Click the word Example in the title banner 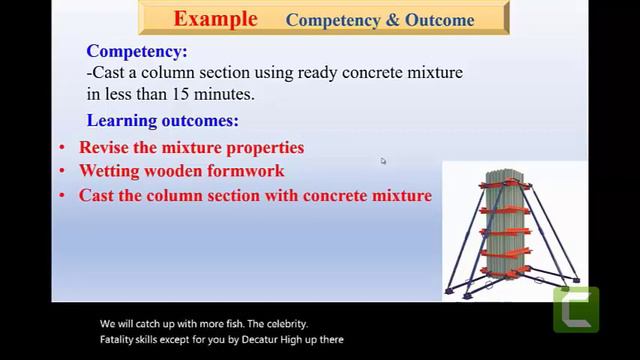215,18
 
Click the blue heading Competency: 136,51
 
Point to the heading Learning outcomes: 162,121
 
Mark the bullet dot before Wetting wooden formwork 62,172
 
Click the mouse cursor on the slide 383,161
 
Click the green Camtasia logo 576,310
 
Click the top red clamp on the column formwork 510,184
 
